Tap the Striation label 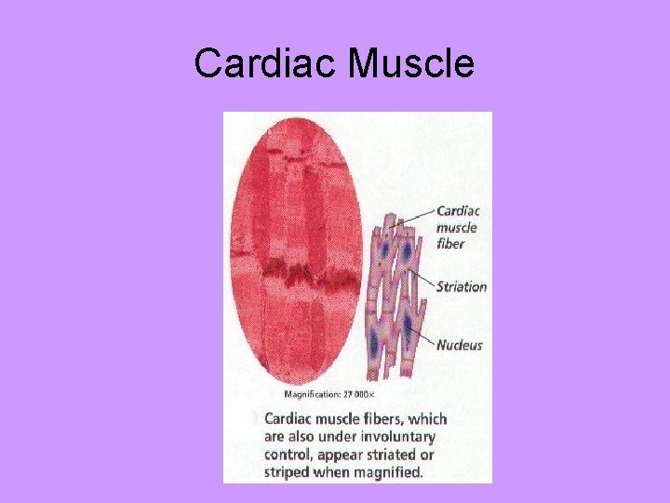click(462, 286)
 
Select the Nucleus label click(460, 345)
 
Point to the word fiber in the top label click(450, 244)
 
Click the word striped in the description click(282, 472)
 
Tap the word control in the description click(288, 455)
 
